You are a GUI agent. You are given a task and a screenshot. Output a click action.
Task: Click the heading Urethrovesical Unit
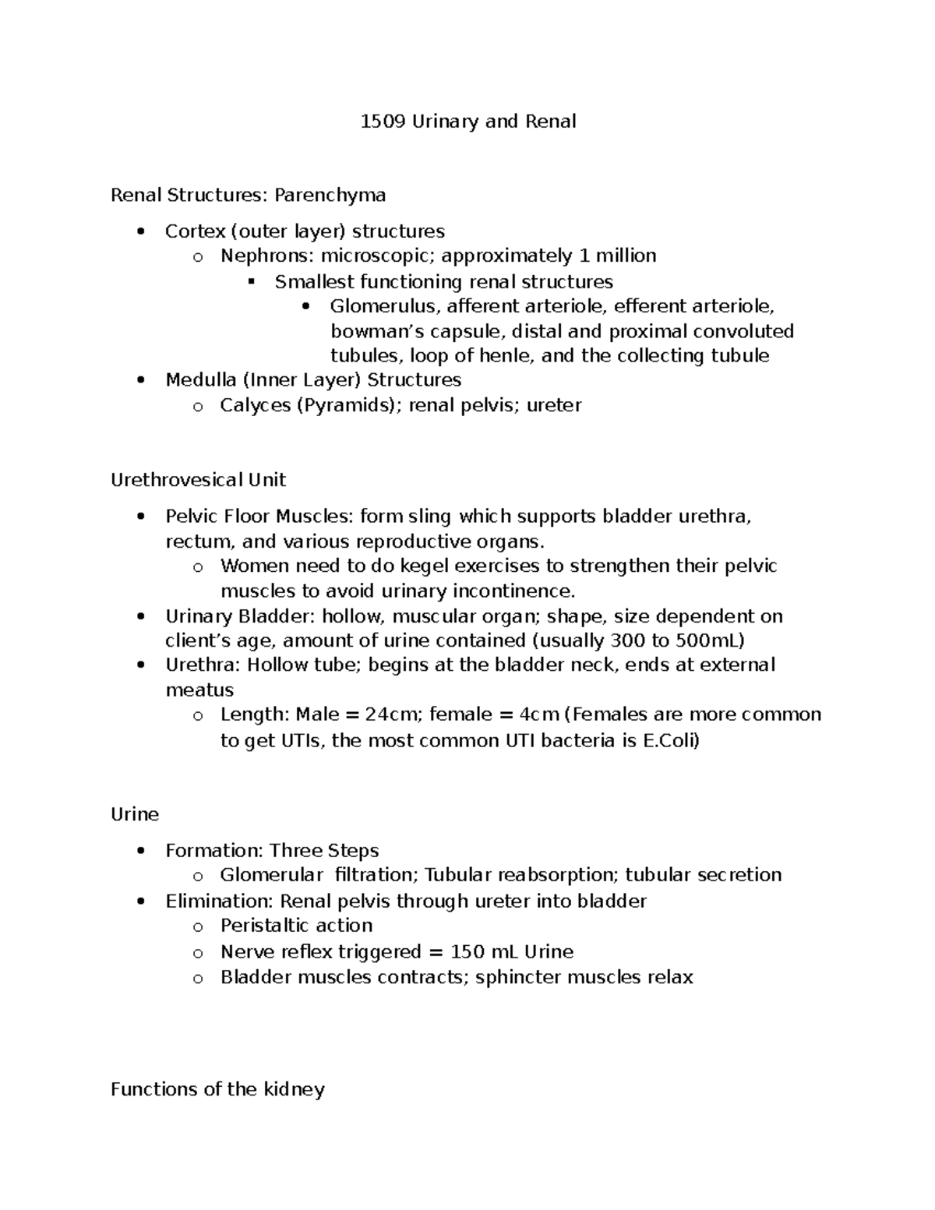coord(198,479)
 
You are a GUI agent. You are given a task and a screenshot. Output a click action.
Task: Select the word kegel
coord(398,566)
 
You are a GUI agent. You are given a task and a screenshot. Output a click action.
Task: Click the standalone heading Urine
coord(134,814)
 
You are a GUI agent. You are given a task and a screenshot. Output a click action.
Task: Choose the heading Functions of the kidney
coord(217,1089)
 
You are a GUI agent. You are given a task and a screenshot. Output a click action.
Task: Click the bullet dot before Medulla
coord(140,381)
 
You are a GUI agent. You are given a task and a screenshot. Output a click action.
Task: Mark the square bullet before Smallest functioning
coord(251,281)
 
